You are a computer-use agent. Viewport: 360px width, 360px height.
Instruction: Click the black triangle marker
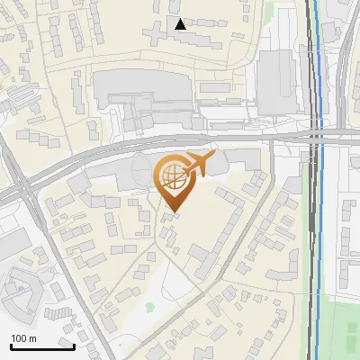click(181, 24)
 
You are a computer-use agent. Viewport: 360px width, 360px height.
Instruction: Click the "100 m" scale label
click(23, 338)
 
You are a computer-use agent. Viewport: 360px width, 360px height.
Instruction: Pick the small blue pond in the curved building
click(20, 289)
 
